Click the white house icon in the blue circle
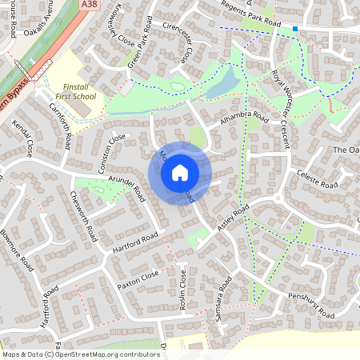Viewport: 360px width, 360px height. [x=180, y=172]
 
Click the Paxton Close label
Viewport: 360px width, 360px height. [x=138, y=278]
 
